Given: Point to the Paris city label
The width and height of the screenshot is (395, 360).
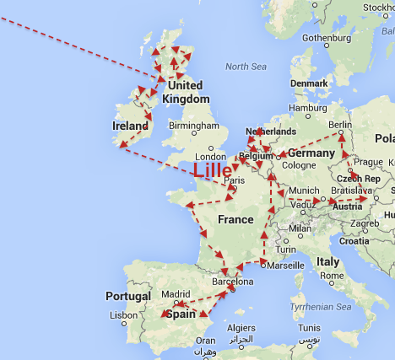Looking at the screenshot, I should (234, 180).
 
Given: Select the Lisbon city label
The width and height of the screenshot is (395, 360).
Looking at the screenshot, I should (122, 315).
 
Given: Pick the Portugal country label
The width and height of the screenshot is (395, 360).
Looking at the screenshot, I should (128, 296).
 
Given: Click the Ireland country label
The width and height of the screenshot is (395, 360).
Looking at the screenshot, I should (130, 126).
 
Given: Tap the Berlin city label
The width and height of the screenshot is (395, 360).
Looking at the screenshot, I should (339, 125).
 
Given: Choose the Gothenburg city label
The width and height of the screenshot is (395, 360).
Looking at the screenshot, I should (325, 38).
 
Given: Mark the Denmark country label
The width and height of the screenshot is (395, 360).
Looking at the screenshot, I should (308, 83).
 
